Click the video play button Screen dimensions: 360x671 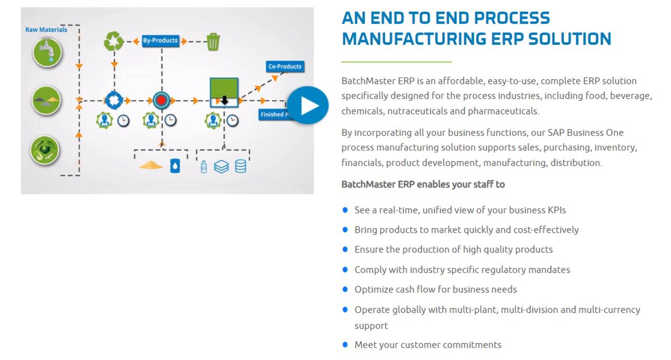click(x=308, y=106)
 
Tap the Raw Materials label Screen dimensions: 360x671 click(x=46, y=30)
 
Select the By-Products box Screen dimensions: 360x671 click(x=160, y=40)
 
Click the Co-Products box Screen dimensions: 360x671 click(x=285, y=67)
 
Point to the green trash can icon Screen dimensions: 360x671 click(x=213, y=41)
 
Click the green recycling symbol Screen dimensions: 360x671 click(x=113, y=41)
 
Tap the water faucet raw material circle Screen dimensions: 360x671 click(x=47, y=52)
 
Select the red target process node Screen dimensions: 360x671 click(x=161, y=100)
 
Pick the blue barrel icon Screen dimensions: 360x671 click(x=175, y=166)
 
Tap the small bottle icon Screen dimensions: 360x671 click(x=204, y=167)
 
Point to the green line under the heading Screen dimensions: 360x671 click(x=396, y=62)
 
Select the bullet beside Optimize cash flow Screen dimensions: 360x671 click(x=345, y=289)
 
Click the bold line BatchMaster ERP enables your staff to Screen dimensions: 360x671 click(x=423, y=184)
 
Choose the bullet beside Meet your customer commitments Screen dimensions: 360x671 click(x=345, y=345)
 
